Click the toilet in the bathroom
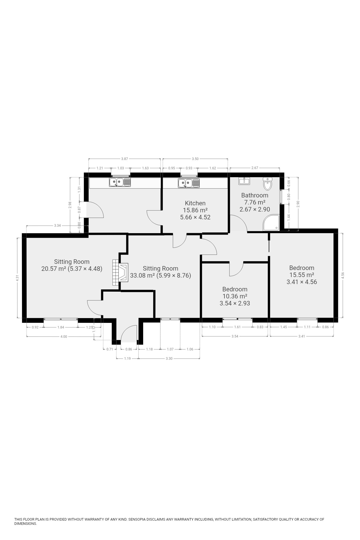click(267, 184)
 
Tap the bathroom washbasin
click(244, 181)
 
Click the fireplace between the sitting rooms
click(120, 273)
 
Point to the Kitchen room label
click(195, 203)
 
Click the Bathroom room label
click(255, 195)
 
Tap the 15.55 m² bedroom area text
click(302, 275)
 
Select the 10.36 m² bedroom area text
click(235, 296)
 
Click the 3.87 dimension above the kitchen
click(125, 159)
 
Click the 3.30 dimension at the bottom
click(169, 359)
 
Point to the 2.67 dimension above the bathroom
click(255, 168)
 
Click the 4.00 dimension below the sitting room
click(64, 337)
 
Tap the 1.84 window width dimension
click(61, 327)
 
